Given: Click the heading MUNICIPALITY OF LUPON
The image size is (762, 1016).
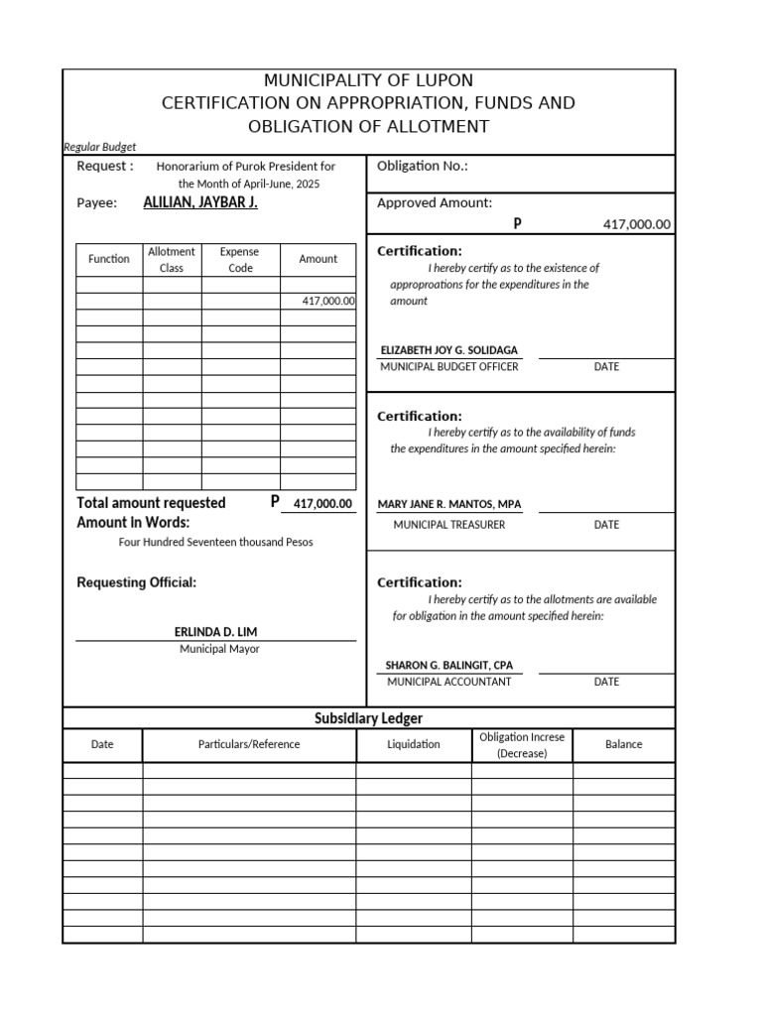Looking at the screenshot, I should [x=368, y=80].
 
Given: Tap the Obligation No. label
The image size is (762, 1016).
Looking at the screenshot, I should [x=422, y=166].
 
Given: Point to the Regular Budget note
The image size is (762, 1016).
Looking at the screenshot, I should [x=99, y=146].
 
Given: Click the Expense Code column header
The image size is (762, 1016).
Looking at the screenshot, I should [x=240, y=260].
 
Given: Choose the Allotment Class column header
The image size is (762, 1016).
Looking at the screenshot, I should [x=172, y=260].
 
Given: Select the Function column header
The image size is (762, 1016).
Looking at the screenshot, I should [x=109, y=259].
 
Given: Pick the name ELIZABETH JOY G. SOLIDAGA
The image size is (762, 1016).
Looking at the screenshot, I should [x=448, y=351].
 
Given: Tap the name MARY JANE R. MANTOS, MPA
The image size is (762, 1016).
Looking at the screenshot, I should [x=448, y=504].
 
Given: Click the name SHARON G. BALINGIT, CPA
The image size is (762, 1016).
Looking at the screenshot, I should [x=448, y=665].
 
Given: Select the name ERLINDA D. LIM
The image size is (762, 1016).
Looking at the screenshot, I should [x=215, y=632].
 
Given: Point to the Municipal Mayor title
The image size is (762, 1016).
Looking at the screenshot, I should [x=219, y=649].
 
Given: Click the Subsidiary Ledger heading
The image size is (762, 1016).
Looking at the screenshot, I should [x=368, y=718].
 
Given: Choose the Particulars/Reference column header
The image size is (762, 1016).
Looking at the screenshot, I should [x=249, y=744].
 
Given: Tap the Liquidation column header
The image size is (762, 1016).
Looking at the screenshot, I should [x=414, y=744].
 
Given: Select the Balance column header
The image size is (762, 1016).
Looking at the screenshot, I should [x=623, y=744].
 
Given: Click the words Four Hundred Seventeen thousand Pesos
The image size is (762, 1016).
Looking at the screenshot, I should [x=215, y=543].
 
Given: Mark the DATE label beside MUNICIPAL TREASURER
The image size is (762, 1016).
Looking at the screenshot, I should [x=606, y=525].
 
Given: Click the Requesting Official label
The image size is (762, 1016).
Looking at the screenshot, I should [x=136, y=582].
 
